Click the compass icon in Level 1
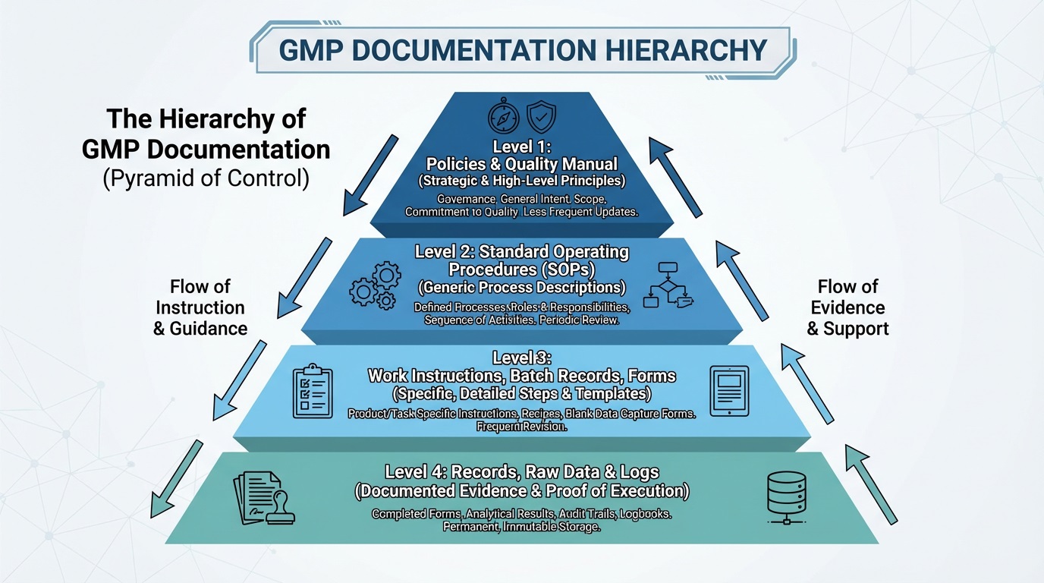pos(503,118)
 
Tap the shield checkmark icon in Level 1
pos(541,118)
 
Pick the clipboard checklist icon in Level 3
pos(313,391)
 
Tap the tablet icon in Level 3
pos(729,391)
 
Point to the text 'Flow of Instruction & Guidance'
pos(200,307)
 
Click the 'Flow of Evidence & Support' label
pos(847,307)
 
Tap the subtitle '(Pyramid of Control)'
pos(206,179)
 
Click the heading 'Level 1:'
pos(521,147)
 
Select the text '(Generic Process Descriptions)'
pos(521,288)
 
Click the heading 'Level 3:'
pos(521,358)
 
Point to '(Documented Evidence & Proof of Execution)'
pos(521,491)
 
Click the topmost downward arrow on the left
pos(370,175)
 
